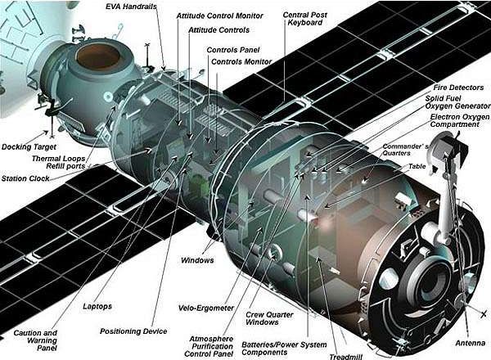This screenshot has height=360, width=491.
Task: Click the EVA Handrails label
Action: click(131, 7)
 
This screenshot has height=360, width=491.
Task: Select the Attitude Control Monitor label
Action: click(220, 16)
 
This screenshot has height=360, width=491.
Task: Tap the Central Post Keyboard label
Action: click(305, 19)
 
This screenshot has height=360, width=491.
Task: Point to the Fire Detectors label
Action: click(458, 88)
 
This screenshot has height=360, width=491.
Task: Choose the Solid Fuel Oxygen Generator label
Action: click(457, 102)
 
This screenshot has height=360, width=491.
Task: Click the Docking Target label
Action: click(29, 146)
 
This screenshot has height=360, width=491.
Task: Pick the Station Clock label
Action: click(25, 178)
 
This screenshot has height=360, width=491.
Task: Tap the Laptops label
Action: click(97, 307)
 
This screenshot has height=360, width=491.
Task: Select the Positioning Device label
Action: click(133, 331)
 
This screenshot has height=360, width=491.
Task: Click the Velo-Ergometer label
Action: click(206, 308)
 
